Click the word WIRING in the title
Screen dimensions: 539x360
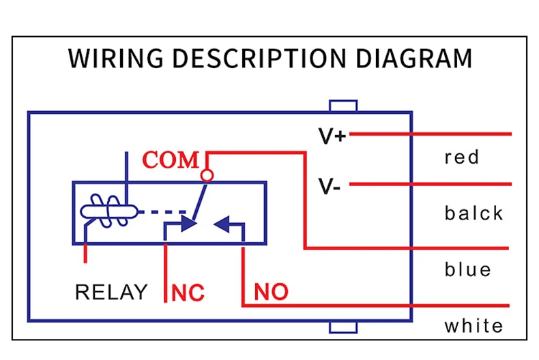(x=115, y=58)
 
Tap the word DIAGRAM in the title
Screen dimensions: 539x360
(x=413, y=58)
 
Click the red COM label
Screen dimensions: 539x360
(x=171, y=160)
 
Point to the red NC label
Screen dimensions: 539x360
(x=188, y=292)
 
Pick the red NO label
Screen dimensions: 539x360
(x=271, y=292)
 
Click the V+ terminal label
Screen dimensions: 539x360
(x=332, y=136)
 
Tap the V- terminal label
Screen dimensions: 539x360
(x=330, y=186)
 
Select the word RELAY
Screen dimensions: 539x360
(x=111, y=292)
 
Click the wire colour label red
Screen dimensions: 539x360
(x=461, y=157)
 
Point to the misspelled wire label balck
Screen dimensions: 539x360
(x=474, y=213)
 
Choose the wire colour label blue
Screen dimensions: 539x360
(x=467, y=269)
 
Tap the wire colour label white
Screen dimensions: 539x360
(x=474, y=326)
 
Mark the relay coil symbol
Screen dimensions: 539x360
(x=109, y=211)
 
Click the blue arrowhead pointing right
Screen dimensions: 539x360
(x=189, y=224)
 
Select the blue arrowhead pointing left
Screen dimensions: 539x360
(x=222, y=224)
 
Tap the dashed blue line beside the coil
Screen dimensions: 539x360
(x=162, y=212)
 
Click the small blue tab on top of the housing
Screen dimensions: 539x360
(x=343, y=106)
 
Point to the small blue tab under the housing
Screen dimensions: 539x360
(x=343, y=327)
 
